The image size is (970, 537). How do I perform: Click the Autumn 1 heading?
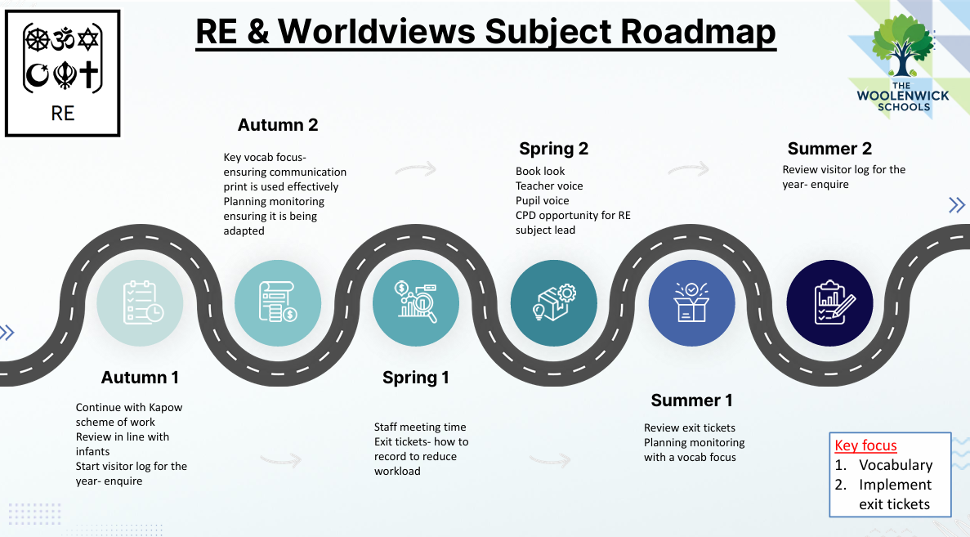(x=140, y=378)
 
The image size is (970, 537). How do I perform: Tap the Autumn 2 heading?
(x=278, y=125)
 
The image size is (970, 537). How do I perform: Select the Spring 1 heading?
(x=416, y=378)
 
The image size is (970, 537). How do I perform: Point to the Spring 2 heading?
(x=554, y=149)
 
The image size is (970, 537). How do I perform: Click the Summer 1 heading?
(x=691, y=401)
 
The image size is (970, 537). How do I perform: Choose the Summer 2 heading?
(x=829, y=149)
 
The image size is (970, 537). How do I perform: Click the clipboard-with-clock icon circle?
(x=140, y=302)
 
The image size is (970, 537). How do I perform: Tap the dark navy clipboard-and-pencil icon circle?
(x=829, y=302)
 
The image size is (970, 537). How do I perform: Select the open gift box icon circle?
(x=691, y=302)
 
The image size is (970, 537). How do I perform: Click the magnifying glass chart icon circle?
(x=416, y=302)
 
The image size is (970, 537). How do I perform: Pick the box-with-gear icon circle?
(x=554, y=302)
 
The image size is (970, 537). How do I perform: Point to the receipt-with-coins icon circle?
(x=278, y=302)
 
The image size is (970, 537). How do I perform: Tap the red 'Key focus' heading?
(x=865, y=445)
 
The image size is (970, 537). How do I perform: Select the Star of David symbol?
(x=88, y=40)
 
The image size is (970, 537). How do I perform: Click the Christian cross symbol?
(x=88, y=74)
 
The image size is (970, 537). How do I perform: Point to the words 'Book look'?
(x=540, y=172)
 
